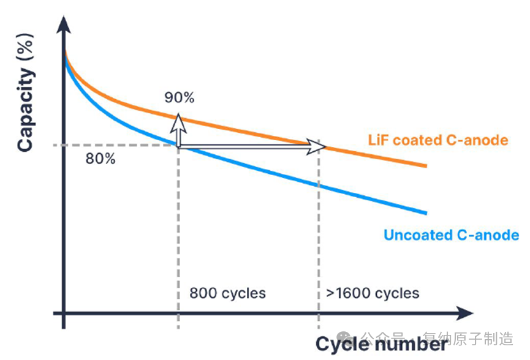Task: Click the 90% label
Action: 179,97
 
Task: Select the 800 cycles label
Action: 227,293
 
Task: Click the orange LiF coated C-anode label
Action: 438,140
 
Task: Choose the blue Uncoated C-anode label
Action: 451,235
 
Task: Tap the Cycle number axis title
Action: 382,344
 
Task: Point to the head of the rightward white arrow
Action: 317,146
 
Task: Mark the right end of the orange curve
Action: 425,166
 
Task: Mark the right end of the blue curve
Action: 425,213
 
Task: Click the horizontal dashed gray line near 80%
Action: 116,145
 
